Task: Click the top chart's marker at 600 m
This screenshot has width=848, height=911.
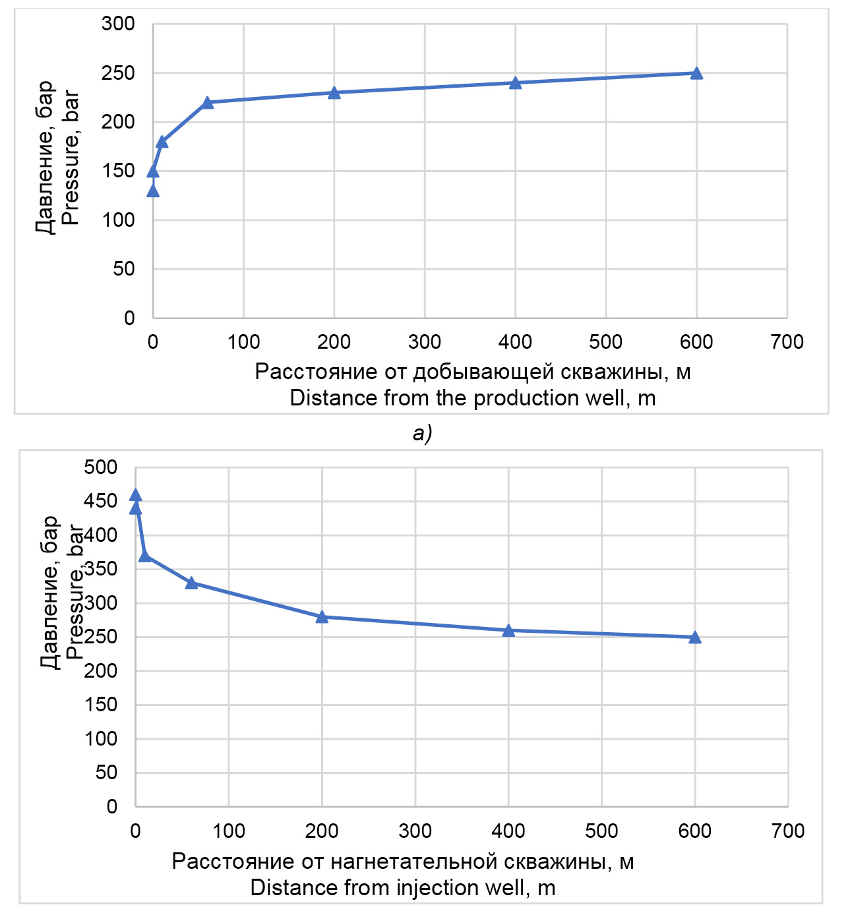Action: click(696, 73)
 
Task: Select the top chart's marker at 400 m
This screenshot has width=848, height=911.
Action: click(515, 83)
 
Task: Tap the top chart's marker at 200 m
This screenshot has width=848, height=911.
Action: click(334, 93)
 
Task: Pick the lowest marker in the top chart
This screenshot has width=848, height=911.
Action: click(153, 191)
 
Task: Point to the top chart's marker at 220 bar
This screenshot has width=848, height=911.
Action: click(207, 103)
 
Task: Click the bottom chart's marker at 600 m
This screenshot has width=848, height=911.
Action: click(695, 637)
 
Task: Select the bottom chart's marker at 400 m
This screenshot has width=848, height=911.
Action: click(508, 631)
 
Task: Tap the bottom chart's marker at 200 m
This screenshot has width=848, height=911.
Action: click(322, 617)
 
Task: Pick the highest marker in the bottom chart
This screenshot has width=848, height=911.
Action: click(135, 496)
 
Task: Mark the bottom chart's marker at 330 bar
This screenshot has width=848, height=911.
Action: click(191, 583)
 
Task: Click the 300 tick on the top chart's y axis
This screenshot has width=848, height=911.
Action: click(118, 24)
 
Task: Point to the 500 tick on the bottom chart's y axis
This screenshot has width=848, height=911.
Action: click(101, 467)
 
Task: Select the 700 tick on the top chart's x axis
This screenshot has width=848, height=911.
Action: click(787, 342)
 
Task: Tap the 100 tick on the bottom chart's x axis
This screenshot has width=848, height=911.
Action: click(229, 831)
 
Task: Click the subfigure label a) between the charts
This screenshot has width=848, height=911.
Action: click(422, 433)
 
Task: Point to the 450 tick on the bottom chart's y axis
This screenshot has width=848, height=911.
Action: click(101, 502)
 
